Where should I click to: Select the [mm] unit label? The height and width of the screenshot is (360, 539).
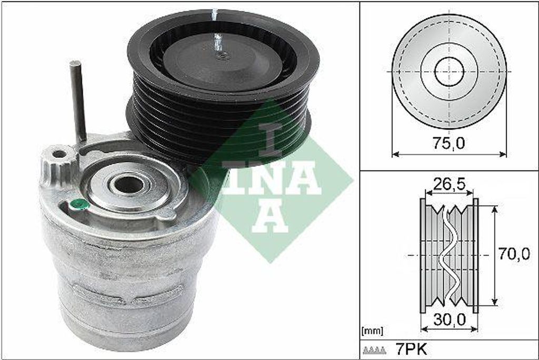point(373,331)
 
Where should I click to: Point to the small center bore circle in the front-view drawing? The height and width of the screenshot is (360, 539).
point(449,72)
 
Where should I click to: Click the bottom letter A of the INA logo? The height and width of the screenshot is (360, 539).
point(269,216)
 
